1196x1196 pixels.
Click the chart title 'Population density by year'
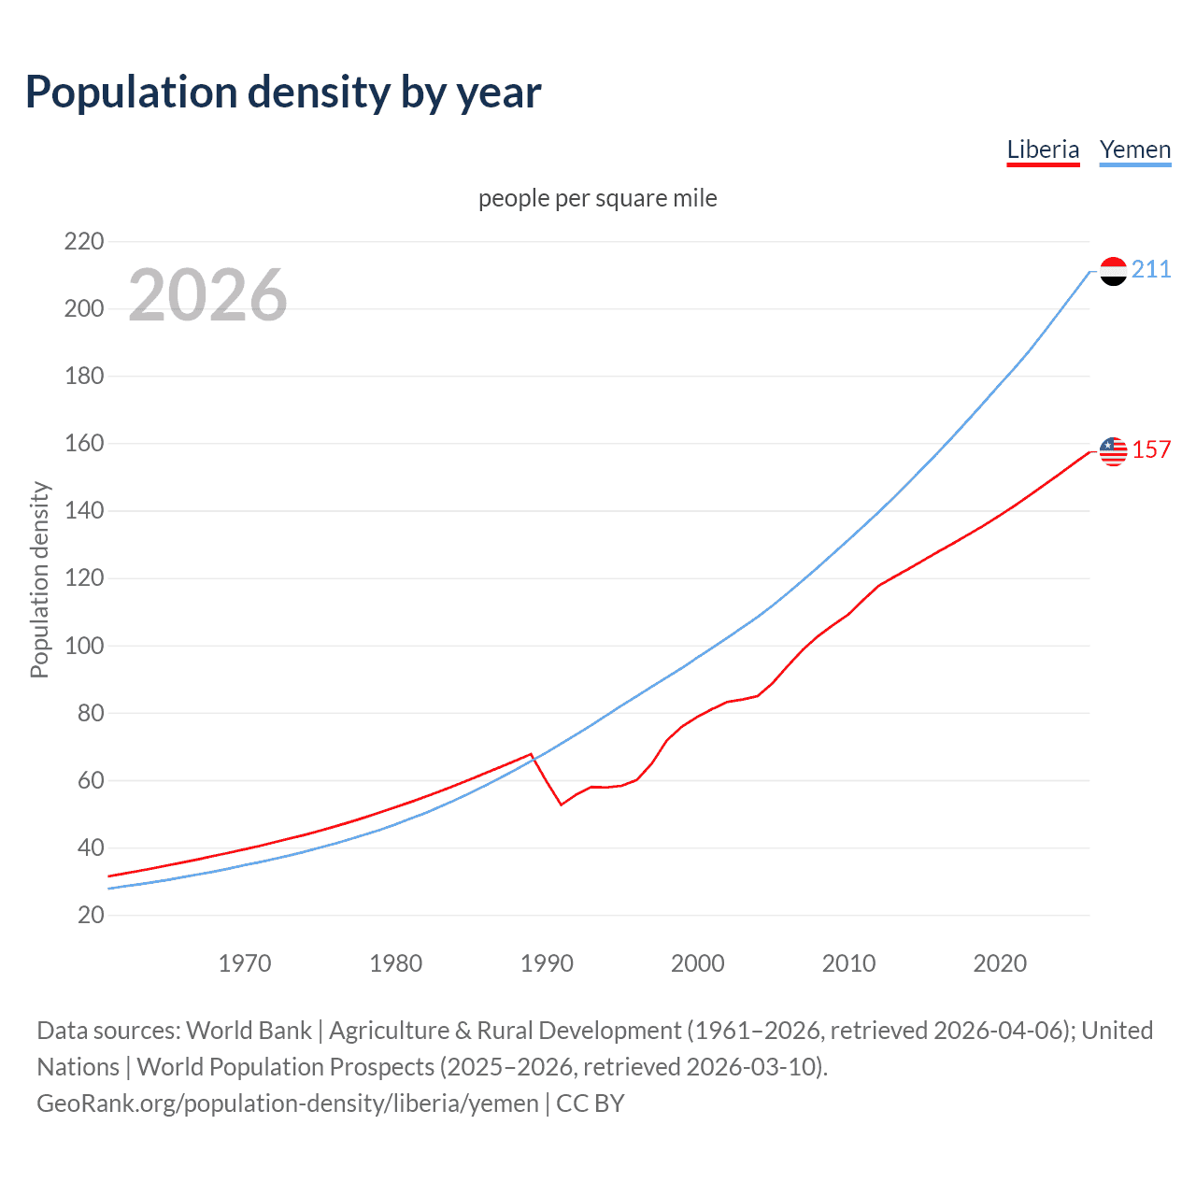283,92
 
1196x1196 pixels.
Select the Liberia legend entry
1043,149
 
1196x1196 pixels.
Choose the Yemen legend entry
1134,149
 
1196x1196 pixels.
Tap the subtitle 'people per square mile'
597,198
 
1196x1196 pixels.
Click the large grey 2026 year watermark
207,295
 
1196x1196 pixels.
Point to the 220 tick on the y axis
83,242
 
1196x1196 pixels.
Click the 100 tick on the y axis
83,646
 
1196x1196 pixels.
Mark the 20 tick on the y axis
91,915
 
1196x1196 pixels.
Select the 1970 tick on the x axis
245,963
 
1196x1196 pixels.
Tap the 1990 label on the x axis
547,963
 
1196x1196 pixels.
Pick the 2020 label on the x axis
1000,963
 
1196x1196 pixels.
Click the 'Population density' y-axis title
39,579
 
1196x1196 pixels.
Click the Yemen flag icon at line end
1113,271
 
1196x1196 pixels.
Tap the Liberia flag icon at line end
1113,451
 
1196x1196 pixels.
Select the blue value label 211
1151,270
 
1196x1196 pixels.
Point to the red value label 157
1151,450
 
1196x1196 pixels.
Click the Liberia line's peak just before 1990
531,753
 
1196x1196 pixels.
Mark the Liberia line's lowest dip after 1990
562,804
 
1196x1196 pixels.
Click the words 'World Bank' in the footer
249,1031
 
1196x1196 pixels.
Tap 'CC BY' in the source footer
590,1103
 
